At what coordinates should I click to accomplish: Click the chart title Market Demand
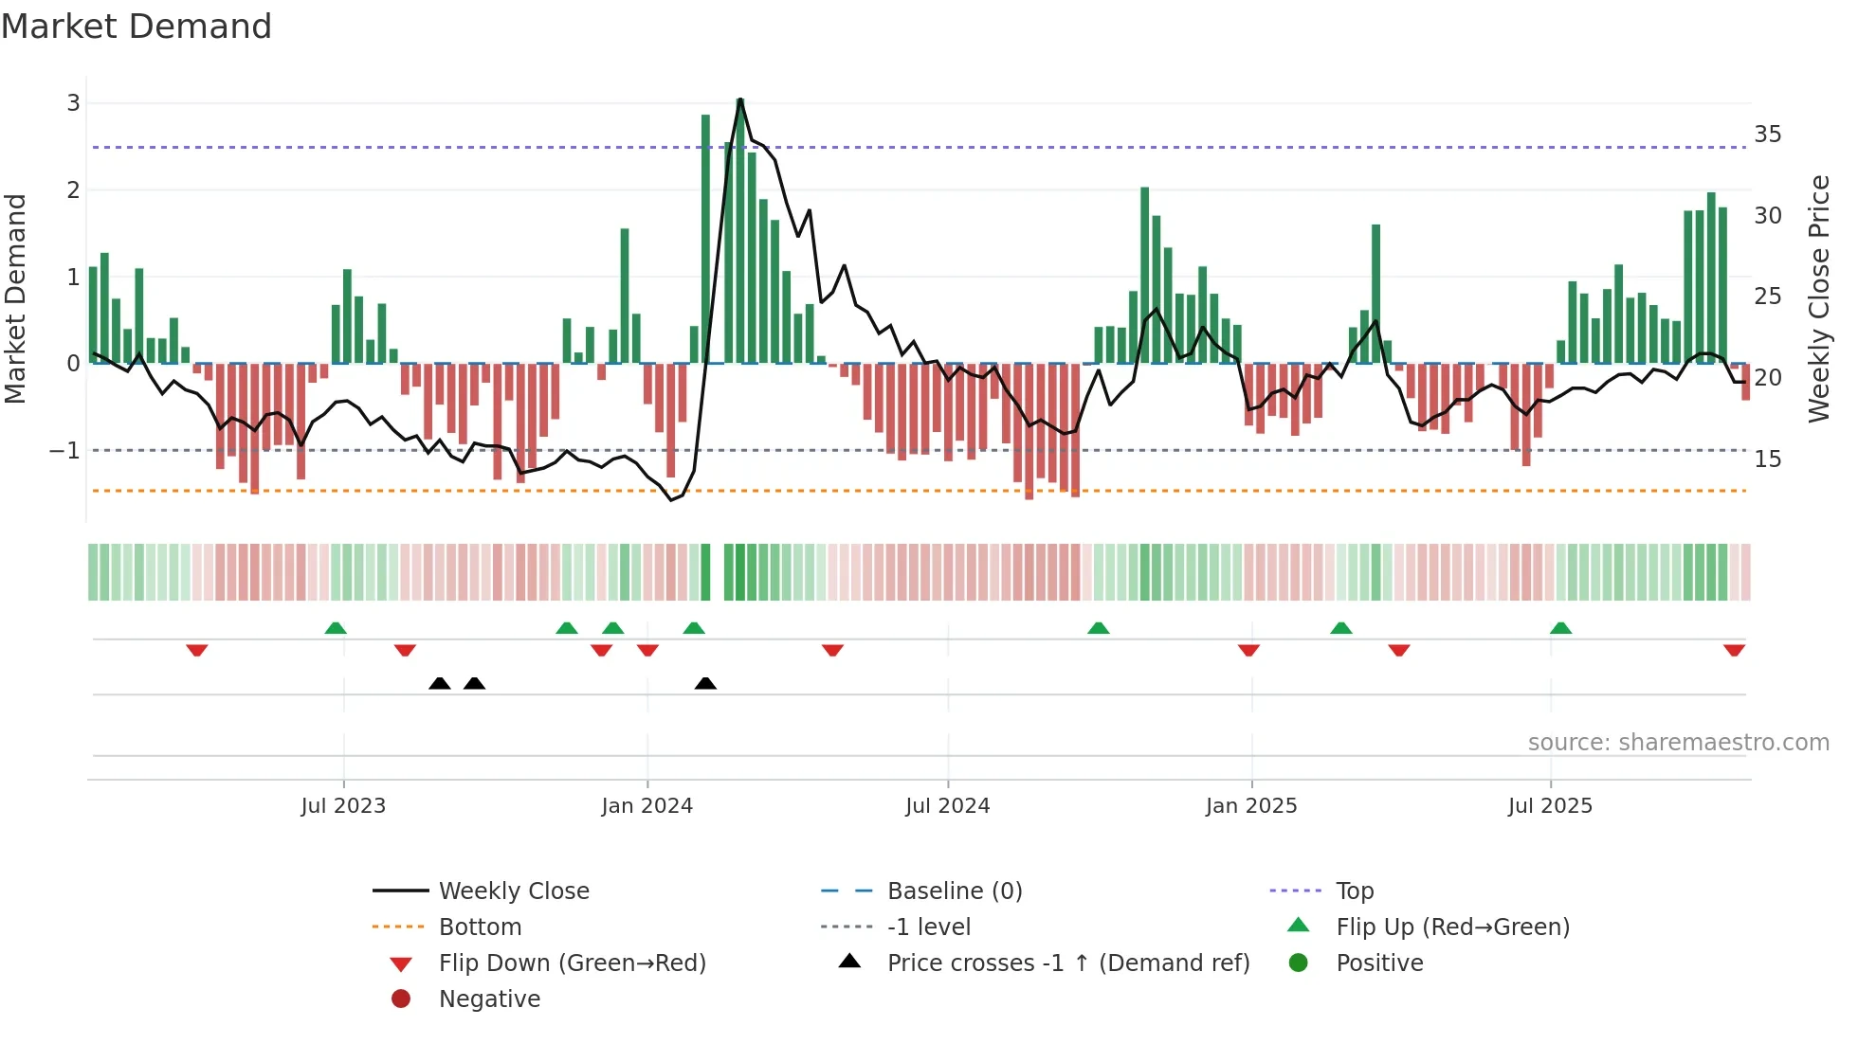pos(137,27)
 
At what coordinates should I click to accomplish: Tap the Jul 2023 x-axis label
pos(343,806)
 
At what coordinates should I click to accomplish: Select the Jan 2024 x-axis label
pos(647,806)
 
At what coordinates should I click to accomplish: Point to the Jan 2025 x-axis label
pos(1250,806)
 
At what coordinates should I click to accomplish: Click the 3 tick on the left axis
pos(73,103)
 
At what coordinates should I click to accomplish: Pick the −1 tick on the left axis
pos(64,451)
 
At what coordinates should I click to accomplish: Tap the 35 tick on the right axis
pos(1767,135)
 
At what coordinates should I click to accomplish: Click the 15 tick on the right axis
pos(1767,459)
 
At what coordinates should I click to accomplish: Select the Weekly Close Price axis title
pos(1818,298)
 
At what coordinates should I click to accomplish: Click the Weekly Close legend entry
pos(513,891)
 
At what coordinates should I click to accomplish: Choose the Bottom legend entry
pos(480,927)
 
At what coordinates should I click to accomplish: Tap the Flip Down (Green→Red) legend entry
pos(572,963)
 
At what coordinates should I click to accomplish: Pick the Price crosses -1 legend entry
pos(1067,963)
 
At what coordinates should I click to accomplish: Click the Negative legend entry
pos(489,999)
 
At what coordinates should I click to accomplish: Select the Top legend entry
pos(1355,891)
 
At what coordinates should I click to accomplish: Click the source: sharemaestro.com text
pos(1678,743)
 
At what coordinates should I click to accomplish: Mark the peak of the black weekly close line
pos(740,99)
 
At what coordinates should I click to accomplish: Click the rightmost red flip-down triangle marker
pos(1734,650)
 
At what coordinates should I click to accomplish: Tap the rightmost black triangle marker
pos(705,683)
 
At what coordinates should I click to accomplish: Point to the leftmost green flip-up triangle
pos(336,628)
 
